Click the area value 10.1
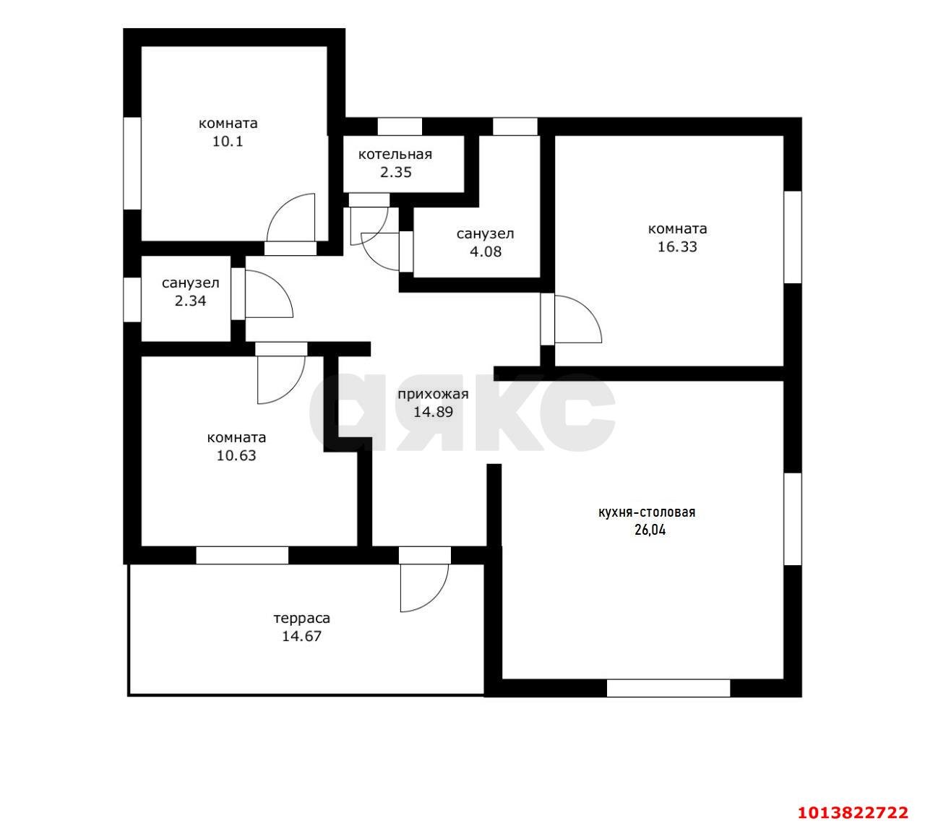point(228,142)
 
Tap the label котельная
point(395,155)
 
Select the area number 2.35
point(396,172)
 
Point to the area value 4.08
point(486,251)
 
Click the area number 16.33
point(677,246)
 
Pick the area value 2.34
point(190,301)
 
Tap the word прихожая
point(433,394)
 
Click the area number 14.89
point(433,412)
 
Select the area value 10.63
point(236,455)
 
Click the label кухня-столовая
point(647,512)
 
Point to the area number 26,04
point(650,530)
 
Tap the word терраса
point(302,619)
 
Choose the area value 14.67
point(301,636)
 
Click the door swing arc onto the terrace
point(436,600)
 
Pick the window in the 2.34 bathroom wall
point(132,299)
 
